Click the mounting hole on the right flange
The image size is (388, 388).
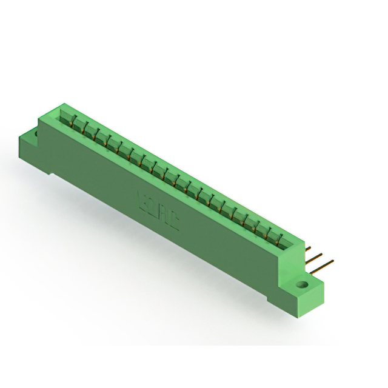click(302, 283)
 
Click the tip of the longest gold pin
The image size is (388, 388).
click(333, 263)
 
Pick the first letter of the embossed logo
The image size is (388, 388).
click(143, 198)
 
